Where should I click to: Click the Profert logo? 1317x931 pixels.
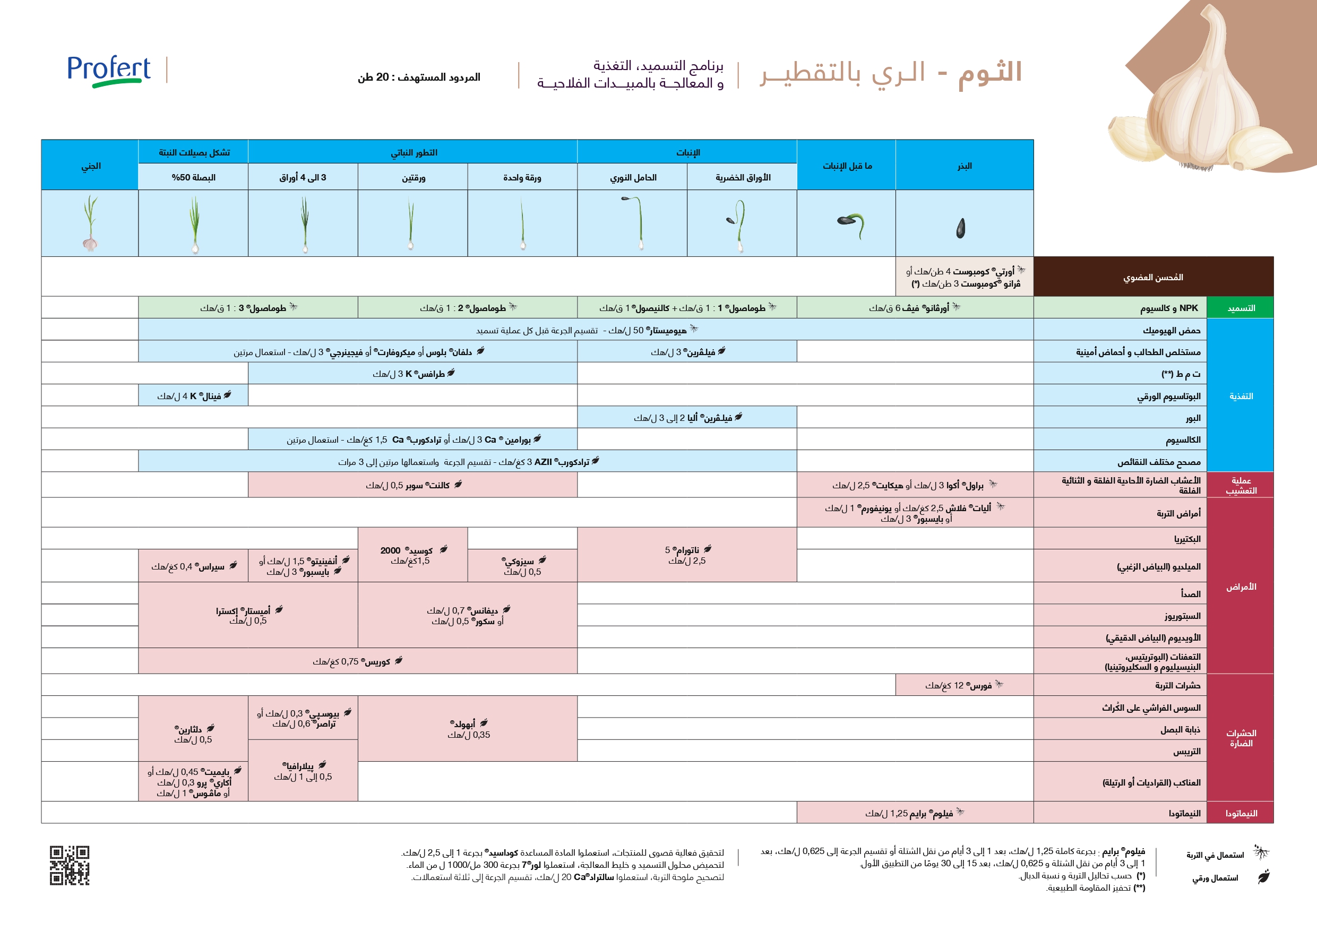tap(109, 71)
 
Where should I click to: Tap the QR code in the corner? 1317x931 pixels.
tap(70, 865)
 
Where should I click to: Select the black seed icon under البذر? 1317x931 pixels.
tap(961, 228)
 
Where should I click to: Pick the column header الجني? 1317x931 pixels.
tap(90, 165)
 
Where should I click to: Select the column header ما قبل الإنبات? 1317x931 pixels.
tap(847, 165)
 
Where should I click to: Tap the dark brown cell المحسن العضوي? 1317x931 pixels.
tap(1153, 277)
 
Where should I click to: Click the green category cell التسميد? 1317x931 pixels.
tap(1241, 308)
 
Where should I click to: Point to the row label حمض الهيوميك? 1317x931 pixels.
tap(1172, 330)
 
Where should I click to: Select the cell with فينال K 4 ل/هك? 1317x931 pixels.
tap(193, 396)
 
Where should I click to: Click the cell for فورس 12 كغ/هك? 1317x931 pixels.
tap(963, 685)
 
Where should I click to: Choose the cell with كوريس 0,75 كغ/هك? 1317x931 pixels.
tap(357, 661)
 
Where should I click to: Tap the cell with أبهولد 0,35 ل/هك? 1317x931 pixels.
tap(468, 729)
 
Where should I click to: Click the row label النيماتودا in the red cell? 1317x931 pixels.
tap(1241, 813)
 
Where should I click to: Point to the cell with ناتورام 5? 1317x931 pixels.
tap(686, 555)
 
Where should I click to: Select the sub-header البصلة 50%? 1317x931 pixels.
tap(193, 177)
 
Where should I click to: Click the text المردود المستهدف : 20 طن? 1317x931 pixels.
tap(419, 77)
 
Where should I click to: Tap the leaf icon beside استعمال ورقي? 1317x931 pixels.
tap(1264, 877)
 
